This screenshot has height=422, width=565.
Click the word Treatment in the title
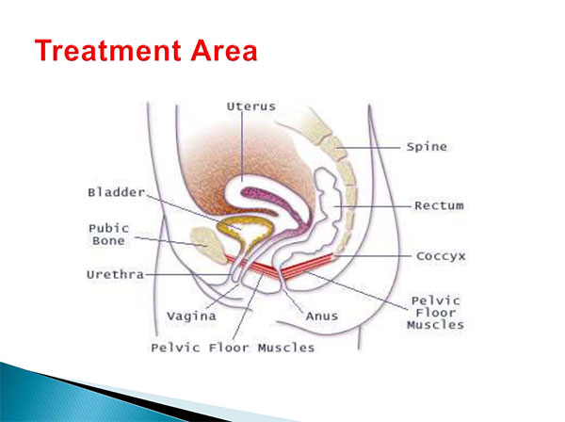(x=107, y=50)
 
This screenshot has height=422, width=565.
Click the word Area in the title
(x=224, y=50)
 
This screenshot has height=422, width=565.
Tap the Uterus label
(x=251, y=106)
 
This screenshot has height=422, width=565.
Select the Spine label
(x=427, y=147)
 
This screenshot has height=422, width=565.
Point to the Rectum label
(x=439, y=205)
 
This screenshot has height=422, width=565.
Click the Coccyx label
(x=441, y=256)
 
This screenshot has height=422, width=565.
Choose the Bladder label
(x=117, y=192)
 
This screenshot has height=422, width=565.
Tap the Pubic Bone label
(x=108, y=235)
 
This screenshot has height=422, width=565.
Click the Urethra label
(x=115, y=275)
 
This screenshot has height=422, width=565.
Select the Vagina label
(x=191, y=316)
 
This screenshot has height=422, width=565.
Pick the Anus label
(x=322, y=316)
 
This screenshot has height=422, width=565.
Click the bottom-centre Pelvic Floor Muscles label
(x=233, y=348)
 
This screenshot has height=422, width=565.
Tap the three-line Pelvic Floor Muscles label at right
(x=435, y=313)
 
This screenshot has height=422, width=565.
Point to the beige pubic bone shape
(x=208, y=245)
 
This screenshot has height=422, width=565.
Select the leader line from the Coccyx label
(x=372, y=256)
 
